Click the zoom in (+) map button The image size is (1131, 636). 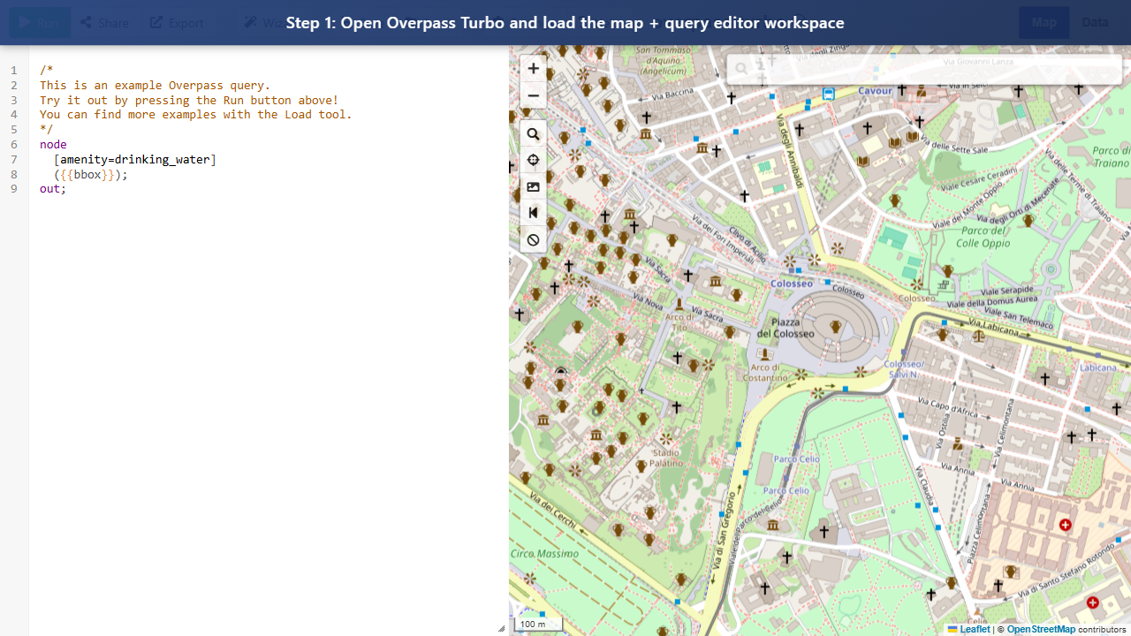click(533, 68)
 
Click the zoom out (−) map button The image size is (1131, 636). click(533, 95)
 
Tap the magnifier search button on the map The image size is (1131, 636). click(533, 134)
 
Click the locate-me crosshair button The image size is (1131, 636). click(533, 161)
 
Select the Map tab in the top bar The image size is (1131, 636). click(1044, 22)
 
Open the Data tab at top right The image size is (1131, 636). click(1095, 22)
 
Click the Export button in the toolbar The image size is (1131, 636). click(177, 22)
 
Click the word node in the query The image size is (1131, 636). click(53, 144)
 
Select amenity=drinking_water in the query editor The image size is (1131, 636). click(135, 159)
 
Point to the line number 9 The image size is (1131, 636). click(14, 188)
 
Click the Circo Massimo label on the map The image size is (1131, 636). click(544, 554)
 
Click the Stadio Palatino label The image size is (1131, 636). click(666, 457)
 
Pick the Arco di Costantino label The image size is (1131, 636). click(765, 373)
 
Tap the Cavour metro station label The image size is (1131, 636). click(875, 90)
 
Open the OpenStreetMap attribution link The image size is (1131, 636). click(1041, 629)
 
